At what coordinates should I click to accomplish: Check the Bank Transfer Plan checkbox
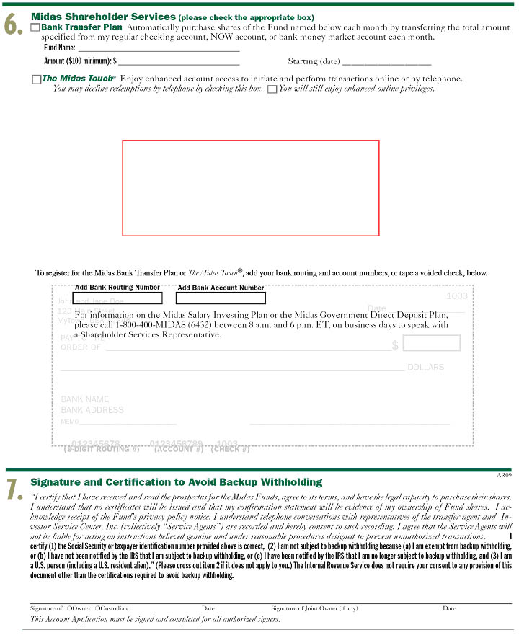pyautogui.click(x=35, y=27)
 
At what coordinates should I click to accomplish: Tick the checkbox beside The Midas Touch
pyautogui.click(x=36, y=79)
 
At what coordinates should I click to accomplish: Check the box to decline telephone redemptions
pyautogui.click(x=272, y=89)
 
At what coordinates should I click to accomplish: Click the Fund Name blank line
pyautogui.click(x=159, y=48)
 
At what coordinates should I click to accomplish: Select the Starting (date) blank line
pyautogui.click(x=386, y=62)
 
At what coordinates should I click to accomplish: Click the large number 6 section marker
pyautogui.click(x=13, y=25)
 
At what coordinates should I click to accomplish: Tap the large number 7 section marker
pyautogui.click(x=13, y=489)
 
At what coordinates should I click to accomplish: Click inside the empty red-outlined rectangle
pyautogui.click(x=250, y=187)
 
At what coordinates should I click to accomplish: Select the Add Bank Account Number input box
pyautogui.click(x=221, y=298)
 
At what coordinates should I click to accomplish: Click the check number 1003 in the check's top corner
pyautogui.click(x=457, y=296)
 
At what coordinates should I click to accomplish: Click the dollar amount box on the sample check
pyautogui.click(x=431, y=343)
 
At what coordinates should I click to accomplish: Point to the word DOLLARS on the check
pyautogui.click(x=425, y=367)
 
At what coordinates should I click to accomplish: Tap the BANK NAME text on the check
pyautogui.click(x=85, y=399)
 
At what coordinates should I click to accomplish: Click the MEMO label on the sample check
pyautogui.click(x=70, y=422)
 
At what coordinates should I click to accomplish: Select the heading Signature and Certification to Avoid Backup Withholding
pyautogui.click(x=176, y=481)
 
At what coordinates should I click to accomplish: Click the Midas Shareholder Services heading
pyautogui.click(x=103, y=17)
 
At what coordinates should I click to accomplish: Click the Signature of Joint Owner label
pyautogui.click(x=314, y=608)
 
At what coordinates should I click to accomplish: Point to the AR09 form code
pyautogui.click(x=504, y=475)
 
